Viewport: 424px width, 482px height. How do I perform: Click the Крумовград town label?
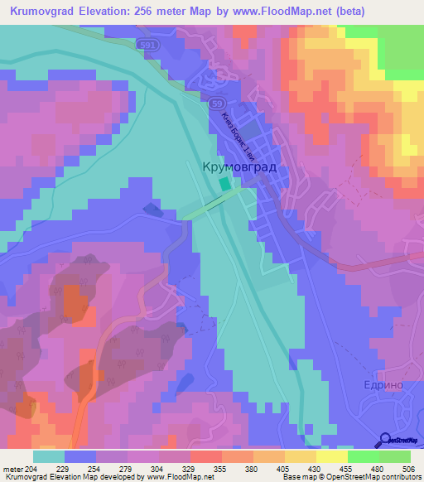coord(239,166)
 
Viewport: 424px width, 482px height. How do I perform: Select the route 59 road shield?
coord(216,103)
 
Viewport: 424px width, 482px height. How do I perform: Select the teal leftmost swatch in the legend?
coord(49,456)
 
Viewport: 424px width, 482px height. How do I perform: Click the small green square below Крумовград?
coord(224,186)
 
